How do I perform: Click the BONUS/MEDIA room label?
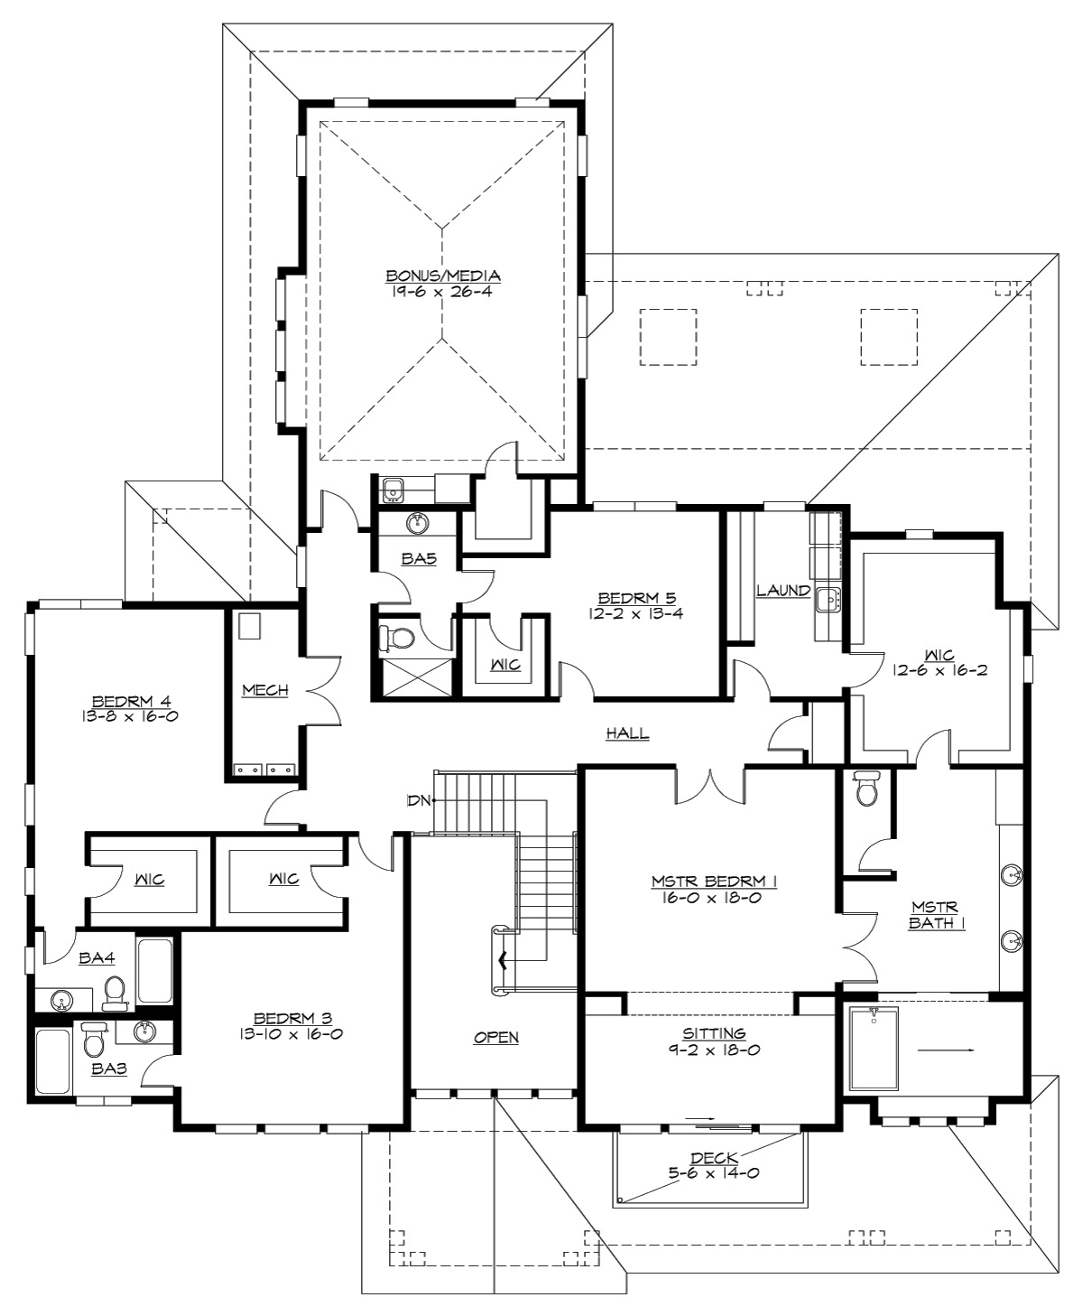pyautogui.click(x=443, y=275)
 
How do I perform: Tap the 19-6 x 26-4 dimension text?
pyautogui.click(x=443, y=291)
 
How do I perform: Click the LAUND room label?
pyautogui.click(x=782, y=591)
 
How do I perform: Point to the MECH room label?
pyautogui.click(x=264, y=690)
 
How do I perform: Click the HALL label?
pyautogui.click(x=627, y=733)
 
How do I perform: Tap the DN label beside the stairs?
pyautogui.click(x=419, y=799)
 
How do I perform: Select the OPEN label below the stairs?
pyautogui.click(x=496, y=1037)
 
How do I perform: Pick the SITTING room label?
pyautogui.click(x=713, y=1033)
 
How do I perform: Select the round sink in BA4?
pyautogui.click(x=61, y=1001)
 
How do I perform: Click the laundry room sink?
pyautogui.click(x=828, y=598)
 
